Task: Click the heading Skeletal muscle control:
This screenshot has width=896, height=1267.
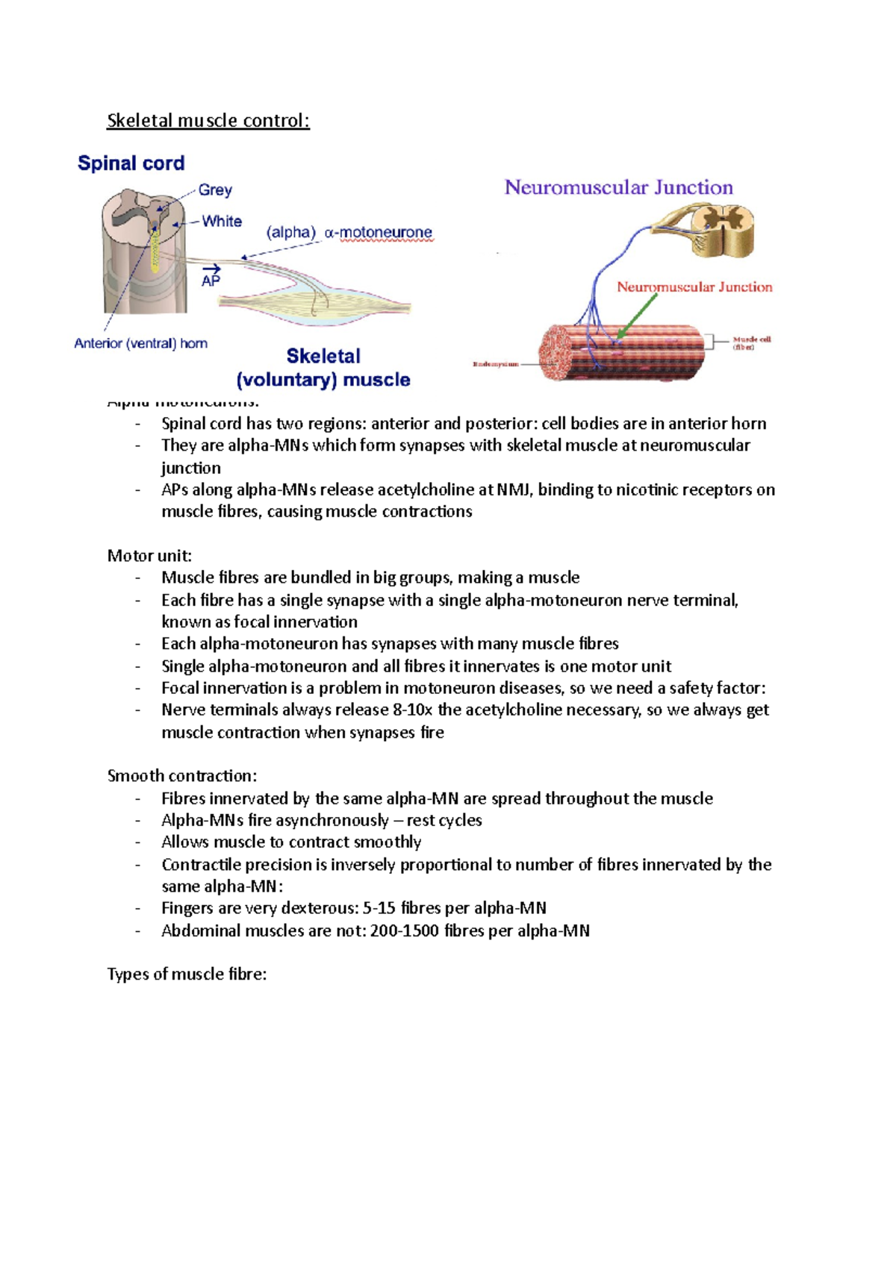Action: (x=208, y=120)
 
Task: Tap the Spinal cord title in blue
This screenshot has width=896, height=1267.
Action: (x=131, y=163)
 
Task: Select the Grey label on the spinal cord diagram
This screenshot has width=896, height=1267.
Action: (x=215, y=190)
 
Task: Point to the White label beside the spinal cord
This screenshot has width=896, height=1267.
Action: (x=222, y=222)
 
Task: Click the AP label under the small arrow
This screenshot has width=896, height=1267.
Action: (x=211, y=281)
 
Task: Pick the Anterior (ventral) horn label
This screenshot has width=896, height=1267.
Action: (x=140, y=343)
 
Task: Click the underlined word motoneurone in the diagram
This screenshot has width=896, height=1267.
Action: (x=385, y=233)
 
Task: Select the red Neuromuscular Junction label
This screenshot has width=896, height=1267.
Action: (x=694, y=287)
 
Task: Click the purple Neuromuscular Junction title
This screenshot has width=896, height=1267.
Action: (x=618, y=187)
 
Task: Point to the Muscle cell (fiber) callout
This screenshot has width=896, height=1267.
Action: (x=751, y=342)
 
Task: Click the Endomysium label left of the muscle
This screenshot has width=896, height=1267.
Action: (x=495, y=364)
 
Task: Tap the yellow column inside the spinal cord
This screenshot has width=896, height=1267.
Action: (x=155, y=250)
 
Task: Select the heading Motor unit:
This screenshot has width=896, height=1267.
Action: (x=149, y=556)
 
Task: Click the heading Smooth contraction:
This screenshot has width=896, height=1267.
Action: (x=182, y=776)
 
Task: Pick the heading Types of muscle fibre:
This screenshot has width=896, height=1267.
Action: (x=187, y=975)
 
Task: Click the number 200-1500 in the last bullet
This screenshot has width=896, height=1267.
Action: (x=404, y=930)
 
